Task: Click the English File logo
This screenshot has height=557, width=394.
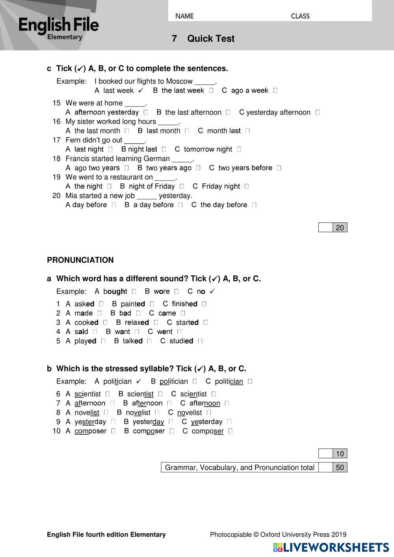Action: click(x=58, y=28)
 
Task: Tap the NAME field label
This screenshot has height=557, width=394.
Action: click(x=184, y=16)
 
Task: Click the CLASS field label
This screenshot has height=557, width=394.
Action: click(x=300, y=16)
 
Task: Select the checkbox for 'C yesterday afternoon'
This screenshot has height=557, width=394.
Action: click(x=318, y=112)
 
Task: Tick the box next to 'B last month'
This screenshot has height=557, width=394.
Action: click(x=187, y=131)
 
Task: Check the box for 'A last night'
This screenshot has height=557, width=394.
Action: click(x=110, y=150)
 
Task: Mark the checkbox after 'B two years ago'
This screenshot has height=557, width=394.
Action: click(x=198, y=168)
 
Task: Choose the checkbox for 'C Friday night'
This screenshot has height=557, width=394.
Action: click(x=247, y=187)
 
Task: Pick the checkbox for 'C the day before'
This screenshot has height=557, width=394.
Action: click(x=254, y=205)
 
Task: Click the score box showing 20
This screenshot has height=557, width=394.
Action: click(x=340, y=228)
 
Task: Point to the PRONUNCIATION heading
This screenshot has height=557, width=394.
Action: click(x=80, y=260)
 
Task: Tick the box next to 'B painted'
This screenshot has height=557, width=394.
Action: click(x=152, y=304)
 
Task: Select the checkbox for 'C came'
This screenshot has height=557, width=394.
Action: click(x=183, y=313)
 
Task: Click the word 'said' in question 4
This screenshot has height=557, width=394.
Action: click(x=81, y=332)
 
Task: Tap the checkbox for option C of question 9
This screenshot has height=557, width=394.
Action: click(x=229, y=422)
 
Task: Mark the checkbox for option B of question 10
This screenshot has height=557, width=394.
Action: click(x=172, y=431)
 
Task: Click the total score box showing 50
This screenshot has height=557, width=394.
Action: click(x=340, y=467)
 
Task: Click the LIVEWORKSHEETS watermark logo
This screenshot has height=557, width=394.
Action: click(x=331, y=547)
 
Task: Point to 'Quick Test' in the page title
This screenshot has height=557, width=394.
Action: click(x=211, y=39)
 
